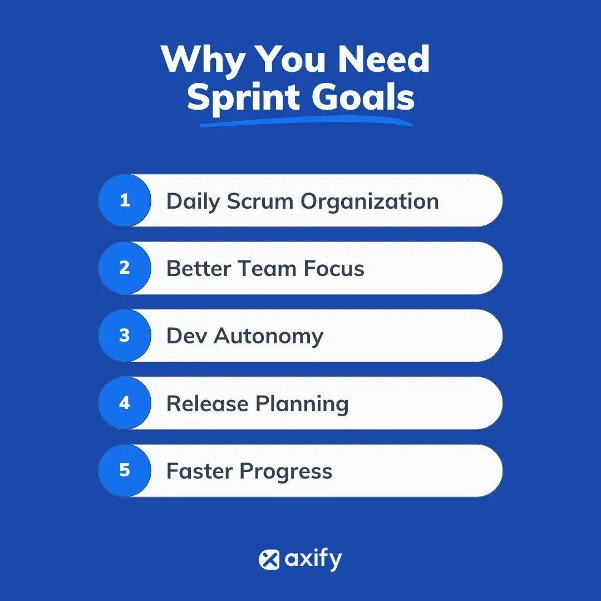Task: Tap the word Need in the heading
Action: (384, 59)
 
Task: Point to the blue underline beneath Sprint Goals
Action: (306, 121)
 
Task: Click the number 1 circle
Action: (125, 200)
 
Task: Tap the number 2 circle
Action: (125, 268)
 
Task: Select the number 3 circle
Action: (125, 336)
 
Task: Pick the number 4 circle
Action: (125, 403)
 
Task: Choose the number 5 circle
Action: (125, 471)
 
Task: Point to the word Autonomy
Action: (269, 337)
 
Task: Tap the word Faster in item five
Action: (200, 471)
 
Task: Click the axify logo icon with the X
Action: (269, 559)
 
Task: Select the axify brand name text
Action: (313, 559)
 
